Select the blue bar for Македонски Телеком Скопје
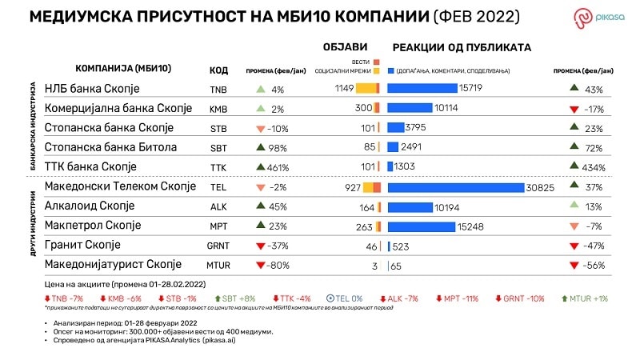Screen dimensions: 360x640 476,187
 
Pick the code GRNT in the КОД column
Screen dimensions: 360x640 218,245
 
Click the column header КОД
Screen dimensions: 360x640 218,69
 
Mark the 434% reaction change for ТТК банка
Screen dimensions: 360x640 593,167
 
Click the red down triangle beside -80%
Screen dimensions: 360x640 260,265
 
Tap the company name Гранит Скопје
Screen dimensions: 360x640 82,245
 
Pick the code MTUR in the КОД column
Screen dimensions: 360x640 218,265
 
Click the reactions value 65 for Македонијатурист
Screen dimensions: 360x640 396,265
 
